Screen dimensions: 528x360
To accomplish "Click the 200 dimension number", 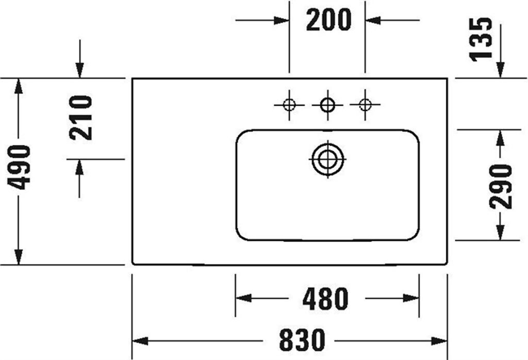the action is pos(328,20).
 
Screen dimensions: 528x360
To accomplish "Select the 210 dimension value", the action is pos(81,118).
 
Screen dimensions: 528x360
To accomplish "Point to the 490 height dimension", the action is pos(19,167).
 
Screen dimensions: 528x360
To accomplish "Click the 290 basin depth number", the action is pos(501,186).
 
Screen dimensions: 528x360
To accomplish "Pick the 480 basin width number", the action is pos(325,299).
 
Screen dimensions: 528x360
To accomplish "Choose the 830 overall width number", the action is pos(302,340).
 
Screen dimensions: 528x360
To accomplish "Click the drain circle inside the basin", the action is pos(327,159).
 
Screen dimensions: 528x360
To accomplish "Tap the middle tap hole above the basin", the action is pos(327,105).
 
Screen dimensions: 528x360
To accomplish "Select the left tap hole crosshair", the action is pos(289,105).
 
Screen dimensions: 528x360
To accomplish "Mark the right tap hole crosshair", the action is pos(365,105).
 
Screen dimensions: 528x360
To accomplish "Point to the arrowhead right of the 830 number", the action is pos(439,341).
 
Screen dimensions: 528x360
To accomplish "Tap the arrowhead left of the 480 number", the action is pos(243,298).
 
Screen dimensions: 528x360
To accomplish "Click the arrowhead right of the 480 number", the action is pos(411,298).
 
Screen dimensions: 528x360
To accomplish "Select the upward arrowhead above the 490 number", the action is pos(19,86).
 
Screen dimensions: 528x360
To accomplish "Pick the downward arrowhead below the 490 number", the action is pos(19,257).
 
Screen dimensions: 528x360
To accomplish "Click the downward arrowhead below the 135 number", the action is pos(500,70).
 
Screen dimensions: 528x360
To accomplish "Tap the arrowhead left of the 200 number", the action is pos(281,20).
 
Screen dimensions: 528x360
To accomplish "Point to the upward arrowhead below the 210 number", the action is pos(79,167).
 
